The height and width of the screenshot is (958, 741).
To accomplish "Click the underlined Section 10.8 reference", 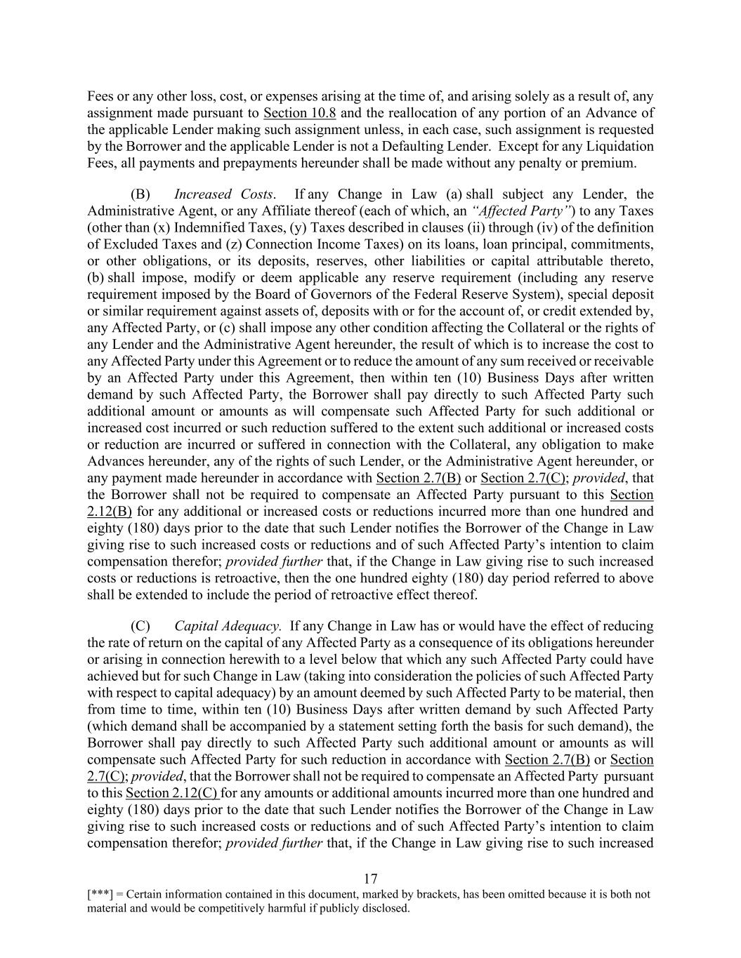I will pos(299,113).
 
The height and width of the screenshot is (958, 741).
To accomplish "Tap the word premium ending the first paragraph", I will pos(611,164).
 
